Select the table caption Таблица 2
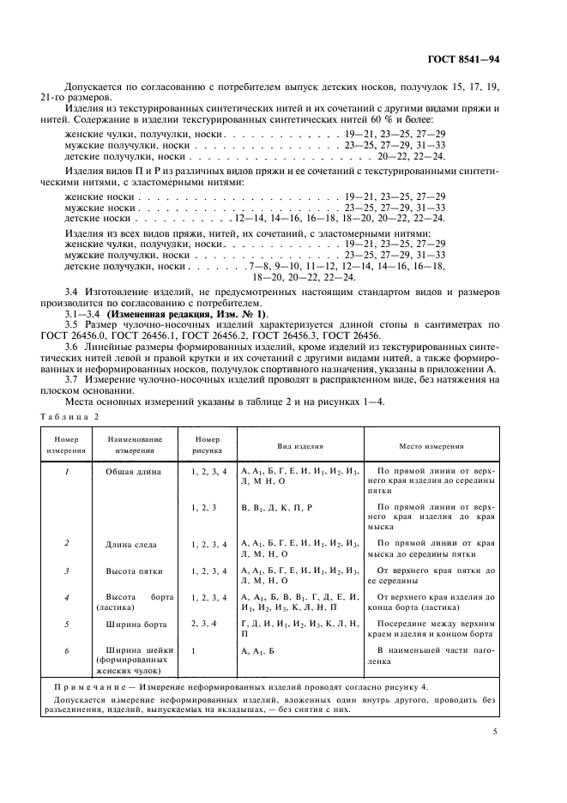(69, 416)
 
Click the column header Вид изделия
(299, 447)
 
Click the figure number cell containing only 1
(194, 651)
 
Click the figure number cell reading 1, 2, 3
(202, 508)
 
